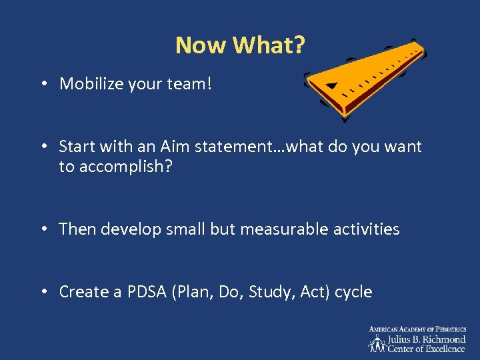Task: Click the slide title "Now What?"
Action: (240, 45)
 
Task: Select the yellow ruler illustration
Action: (363, 79)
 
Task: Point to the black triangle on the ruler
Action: (332, 86)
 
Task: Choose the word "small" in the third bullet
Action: (183, 229)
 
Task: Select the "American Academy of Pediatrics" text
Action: (417, 329)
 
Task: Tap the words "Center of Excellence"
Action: (427, 349)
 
